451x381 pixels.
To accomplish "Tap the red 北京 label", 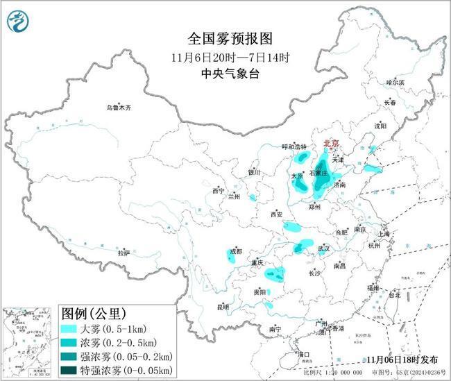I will click(332, 143).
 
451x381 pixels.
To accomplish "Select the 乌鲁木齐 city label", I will click(118, 108).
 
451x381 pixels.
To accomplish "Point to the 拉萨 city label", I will click(124, 253).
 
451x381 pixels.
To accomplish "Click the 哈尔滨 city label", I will click(394, 83).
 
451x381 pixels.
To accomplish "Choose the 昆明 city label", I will click(223, 306).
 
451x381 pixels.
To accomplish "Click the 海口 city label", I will click(304, 354).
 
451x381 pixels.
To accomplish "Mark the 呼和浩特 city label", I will click(293, 146).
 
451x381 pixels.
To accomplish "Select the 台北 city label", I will click(393, 294).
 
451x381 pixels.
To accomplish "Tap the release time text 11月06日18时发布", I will click(402, 359).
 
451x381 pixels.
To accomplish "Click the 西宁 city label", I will click(219, 190).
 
